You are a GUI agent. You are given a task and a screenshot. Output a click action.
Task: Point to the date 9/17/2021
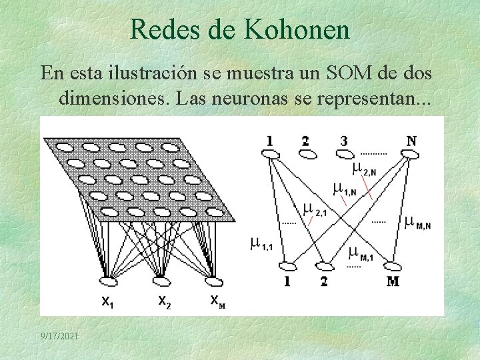click(x=59, y=337)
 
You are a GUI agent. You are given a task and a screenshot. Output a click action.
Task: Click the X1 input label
click(x=107, y=302)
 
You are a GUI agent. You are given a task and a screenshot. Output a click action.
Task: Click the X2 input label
click(x=164, y=301)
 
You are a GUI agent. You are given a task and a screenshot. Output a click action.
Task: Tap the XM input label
click(x=217, y=301)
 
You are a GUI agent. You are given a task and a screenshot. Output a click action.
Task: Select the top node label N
click(x=411, y=141)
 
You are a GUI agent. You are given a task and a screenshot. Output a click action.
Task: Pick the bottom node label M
click(x=393, y=281)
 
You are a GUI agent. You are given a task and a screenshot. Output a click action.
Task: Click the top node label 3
click(x=344, y=141)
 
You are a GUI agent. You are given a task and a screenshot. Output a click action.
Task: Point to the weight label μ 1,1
click(x=261, y=243)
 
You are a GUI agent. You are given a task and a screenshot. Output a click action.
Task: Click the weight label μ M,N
click(x=418, y=221)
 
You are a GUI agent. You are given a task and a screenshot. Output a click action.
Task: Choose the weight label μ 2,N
click(x=364, y=169)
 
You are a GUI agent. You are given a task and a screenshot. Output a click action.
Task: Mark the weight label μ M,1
click(x=361, y=254)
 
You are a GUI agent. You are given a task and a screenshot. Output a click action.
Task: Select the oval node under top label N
click(x=410, y=155)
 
